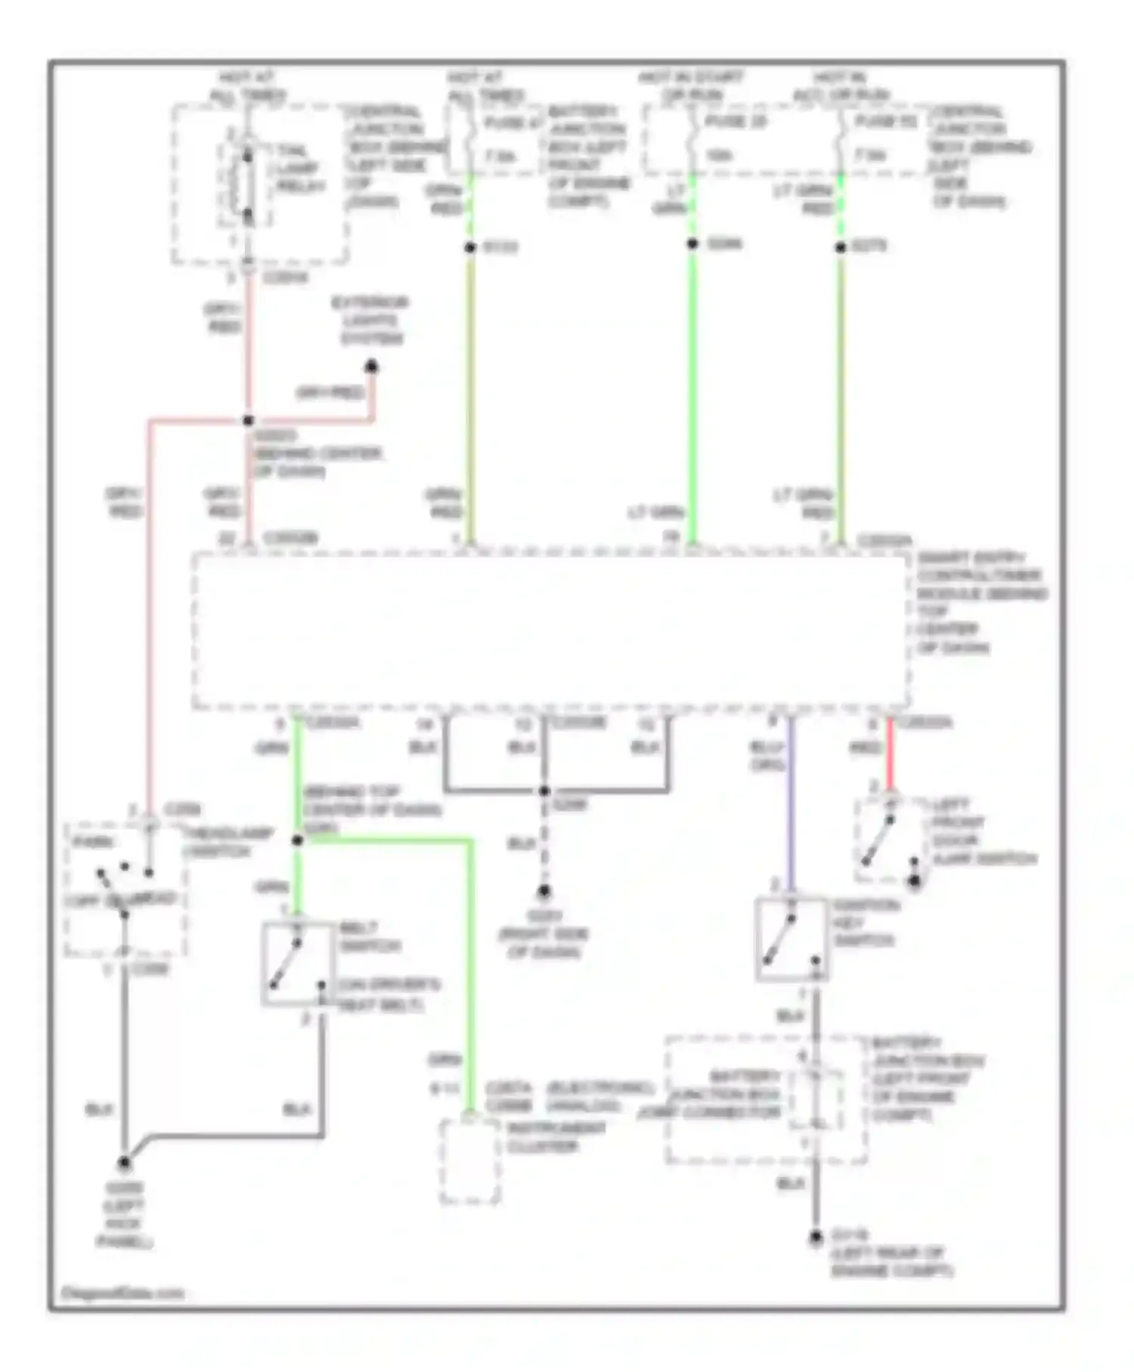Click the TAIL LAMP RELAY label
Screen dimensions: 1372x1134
point(296,169)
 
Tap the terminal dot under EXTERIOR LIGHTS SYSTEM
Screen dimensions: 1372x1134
point(371,368)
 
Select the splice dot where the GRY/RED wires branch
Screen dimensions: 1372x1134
point(248,421)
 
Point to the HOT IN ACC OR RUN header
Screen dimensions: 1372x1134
point(840,86)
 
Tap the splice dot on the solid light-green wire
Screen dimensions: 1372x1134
point(692,244)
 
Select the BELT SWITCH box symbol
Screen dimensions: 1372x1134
point(296,964)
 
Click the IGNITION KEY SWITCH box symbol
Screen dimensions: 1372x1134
point(791,939)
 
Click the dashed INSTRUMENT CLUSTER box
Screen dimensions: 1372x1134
point(469,1161)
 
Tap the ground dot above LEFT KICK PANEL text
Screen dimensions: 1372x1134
point(124,1163)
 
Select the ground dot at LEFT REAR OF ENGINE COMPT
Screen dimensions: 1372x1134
point(815,1238)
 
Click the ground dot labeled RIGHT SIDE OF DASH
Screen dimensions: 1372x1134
point(544,892)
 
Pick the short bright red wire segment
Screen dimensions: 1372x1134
point(890,753)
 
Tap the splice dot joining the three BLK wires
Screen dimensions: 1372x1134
point(544,791)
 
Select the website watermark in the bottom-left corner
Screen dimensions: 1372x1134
point(122,1293)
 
